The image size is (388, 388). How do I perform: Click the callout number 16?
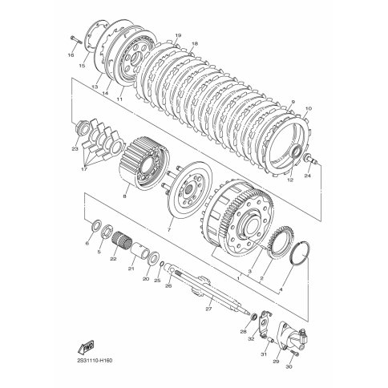click(x=71, y=55)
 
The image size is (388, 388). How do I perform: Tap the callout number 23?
click(x=75, y=149)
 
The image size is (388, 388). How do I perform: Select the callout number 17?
click(x=83, y=169)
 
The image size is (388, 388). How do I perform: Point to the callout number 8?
click(x=124, y=196)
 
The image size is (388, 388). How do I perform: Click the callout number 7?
click(x=168, y=229)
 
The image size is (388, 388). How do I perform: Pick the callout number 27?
click(x=208, y=309)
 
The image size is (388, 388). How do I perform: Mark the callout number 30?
click(x=289, y=367)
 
